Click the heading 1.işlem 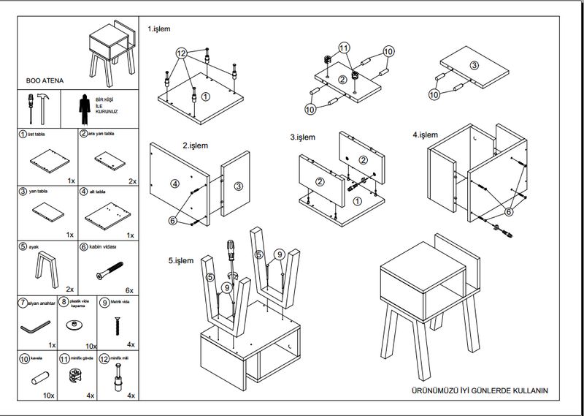tap(158, 29)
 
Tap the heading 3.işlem tap(301, 137)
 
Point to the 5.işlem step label tap(180, 260)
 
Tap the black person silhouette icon tap(85, 108)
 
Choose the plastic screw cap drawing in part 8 tap(76, 324)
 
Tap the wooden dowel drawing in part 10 tap(39, 379)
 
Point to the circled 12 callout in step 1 tap(182, 53)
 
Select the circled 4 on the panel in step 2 tap(175, 184)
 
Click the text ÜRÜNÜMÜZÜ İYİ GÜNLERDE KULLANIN tap(480, 391)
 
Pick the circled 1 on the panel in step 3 tap(356, 200)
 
